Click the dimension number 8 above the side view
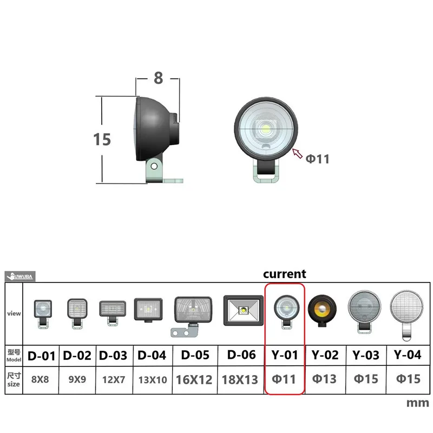(x=158, y=78)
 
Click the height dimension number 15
(x=102, y=139)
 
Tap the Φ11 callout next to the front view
(x=318, y=159)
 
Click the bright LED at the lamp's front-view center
(x=268, y=130)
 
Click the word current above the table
(x=285, y=274)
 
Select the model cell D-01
(x=42, y=356)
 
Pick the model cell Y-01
(x=285, y=356)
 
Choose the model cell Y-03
(x=365, y=356)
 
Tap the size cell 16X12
(x=194, y=379)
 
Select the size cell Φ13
(x=325, y=379)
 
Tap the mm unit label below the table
(x=417, y=403)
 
